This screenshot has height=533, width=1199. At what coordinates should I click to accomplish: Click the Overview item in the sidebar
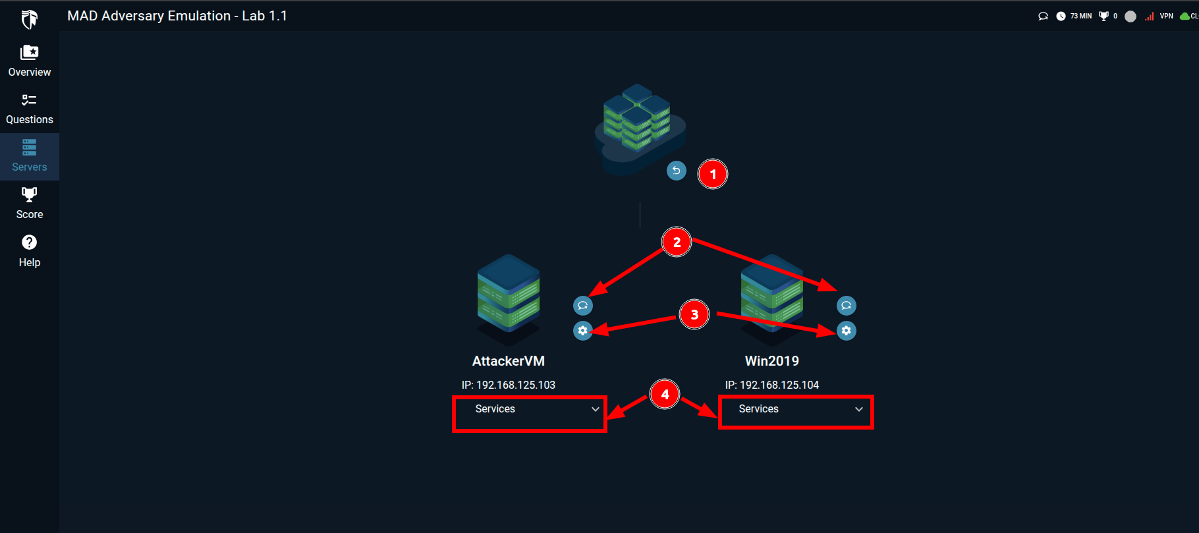pyautogui.click(x=30, y=61)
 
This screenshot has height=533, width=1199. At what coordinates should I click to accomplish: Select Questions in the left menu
pyautogui.click(x=30, y=109)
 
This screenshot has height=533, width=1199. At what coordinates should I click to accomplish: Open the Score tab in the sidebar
pyautogui.click(x=30, y=204)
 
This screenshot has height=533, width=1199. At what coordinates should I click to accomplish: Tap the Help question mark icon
pyautogui.click(x=30, y=242)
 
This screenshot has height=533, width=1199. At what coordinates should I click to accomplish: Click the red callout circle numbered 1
pyautogui.click(x=713, y=175)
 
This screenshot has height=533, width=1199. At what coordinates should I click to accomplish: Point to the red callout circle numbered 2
pyautogui.click(x=677, y=242)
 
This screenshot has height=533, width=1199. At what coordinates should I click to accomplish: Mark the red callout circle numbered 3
pyautogui.click(x=694, y=315)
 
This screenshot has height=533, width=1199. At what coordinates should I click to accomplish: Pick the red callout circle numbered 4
pyautogui.click(x=665, y=395)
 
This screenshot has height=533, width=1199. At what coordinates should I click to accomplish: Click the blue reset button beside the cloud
pyautogui.click(x=677, y=171)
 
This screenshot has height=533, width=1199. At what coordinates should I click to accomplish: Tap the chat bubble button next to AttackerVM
pyautogui.click(x=583, y=306)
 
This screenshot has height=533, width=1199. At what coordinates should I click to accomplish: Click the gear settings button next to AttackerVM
pyautogui.click(x=583, y=331)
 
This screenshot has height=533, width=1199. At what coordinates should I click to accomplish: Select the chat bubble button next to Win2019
pyautogui.click(x=847, y=306)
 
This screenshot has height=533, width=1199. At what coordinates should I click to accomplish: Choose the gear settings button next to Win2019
pyautogui.click(x=847, y=331)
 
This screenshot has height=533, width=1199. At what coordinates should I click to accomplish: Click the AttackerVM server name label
pyautogui.click(x=509, y=361)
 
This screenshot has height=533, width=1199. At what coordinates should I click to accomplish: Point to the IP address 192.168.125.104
pyautogui.click(x=779, y=385)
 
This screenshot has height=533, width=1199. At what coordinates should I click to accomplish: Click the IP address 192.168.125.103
pyautogui.click(x=516, y=385)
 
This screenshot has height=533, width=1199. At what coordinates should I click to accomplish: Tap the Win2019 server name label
pyautogui.click(x=772, y=361)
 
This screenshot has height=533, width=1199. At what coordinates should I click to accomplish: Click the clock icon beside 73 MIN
pyautogui.click(x=1061, y=16)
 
